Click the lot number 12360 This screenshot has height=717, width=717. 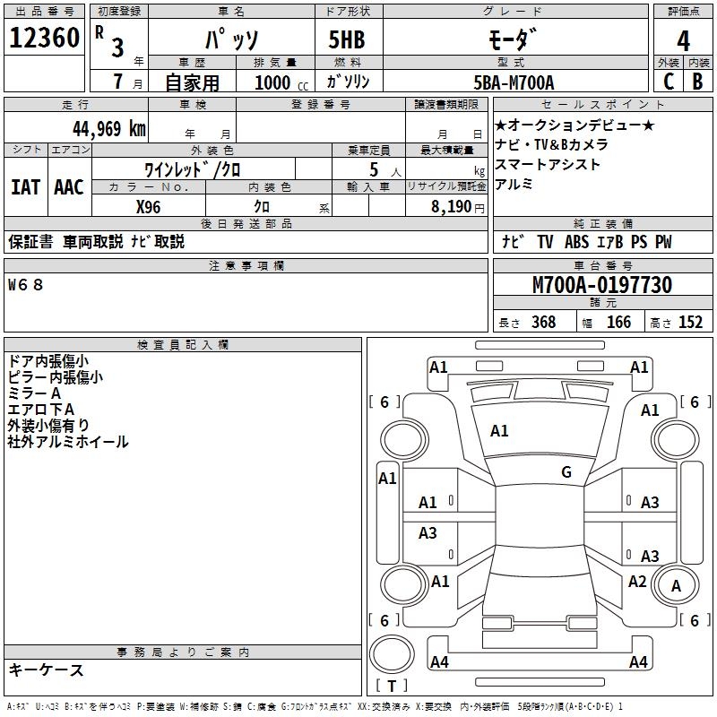pyautogui.click(x=45, y=38)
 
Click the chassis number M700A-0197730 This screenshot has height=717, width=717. pyautogui.click(x=601, y=285)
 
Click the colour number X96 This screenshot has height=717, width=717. pyautogui.click(x=149, y=207)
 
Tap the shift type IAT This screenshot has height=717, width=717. pyautogui.click(x=25, y=186)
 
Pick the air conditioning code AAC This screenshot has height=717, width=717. pyautogui.click(x=68, y=186)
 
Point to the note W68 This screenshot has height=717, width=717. pyautogui.click(x=26, y=284)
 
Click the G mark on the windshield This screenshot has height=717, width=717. pyautogui.click(x=566, y=472)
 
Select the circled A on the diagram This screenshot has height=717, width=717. pyautogui.click(x=677, y=586)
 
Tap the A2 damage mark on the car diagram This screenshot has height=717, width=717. pyautogui.click(x=637, y=582)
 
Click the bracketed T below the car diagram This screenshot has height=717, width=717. pyautogui.click(x=391, y=686)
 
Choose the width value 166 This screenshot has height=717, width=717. pyautogui.click(x=618, y=322)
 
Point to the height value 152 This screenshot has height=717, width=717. pyautogui.click(x=690, y=322)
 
